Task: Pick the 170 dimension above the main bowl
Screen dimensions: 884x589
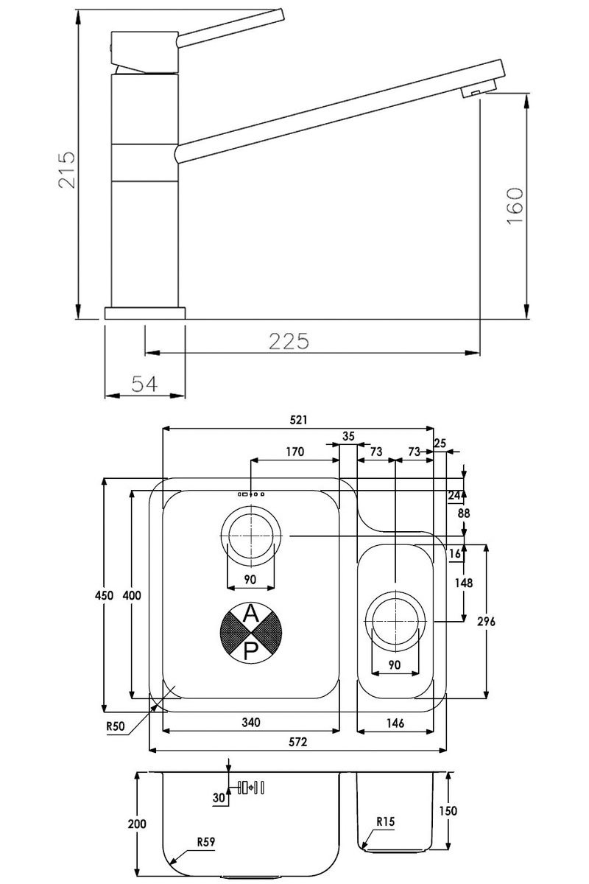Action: click(x=294, y=452)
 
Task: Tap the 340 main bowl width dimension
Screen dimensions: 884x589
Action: click(x=251, y=723)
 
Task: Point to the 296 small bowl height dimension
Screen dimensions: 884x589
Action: click(x=485, y=621)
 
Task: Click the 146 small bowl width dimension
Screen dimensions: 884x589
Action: click(x=395, y=723)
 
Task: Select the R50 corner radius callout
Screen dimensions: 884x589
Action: click(x=116, y=726)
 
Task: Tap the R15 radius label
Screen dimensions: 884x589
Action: click(x=386, y=821)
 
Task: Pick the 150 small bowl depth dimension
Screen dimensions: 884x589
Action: click(x=448, y=810)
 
